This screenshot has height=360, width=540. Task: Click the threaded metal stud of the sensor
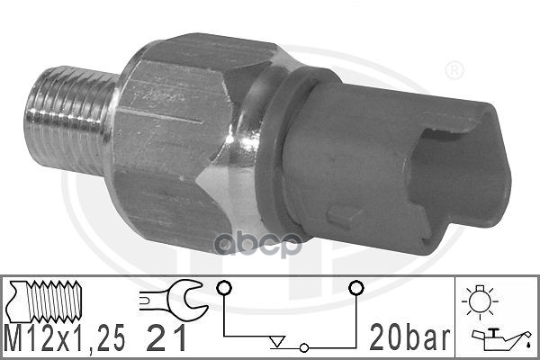click(x=70, y=121)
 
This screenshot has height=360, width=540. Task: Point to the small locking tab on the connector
click(x=344, y=217)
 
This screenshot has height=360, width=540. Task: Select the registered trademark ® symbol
click(x=454, y=70)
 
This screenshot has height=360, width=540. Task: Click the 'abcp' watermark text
click(x=258, y=245)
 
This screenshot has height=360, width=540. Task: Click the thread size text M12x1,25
click(x=65, y=337)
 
